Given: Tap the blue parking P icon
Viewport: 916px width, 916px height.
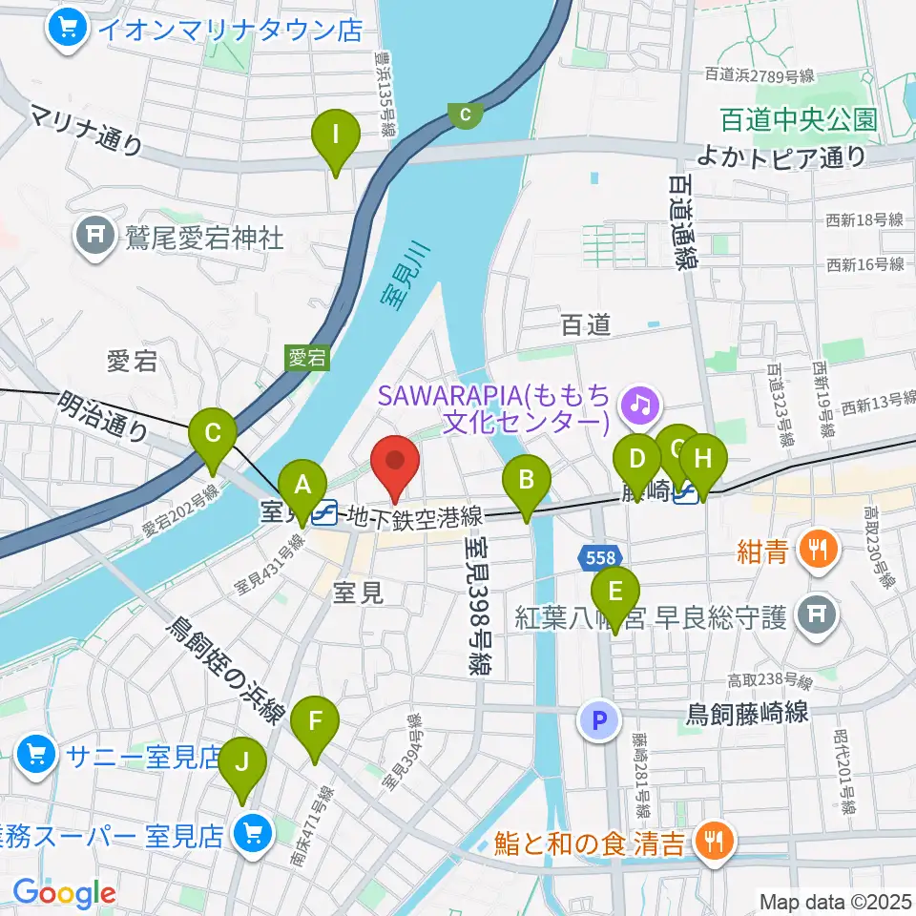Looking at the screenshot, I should click(600, 720).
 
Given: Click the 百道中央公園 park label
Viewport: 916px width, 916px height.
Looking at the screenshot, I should click(798, 119).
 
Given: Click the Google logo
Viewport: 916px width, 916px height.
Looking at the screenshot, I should click(65, 893).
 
